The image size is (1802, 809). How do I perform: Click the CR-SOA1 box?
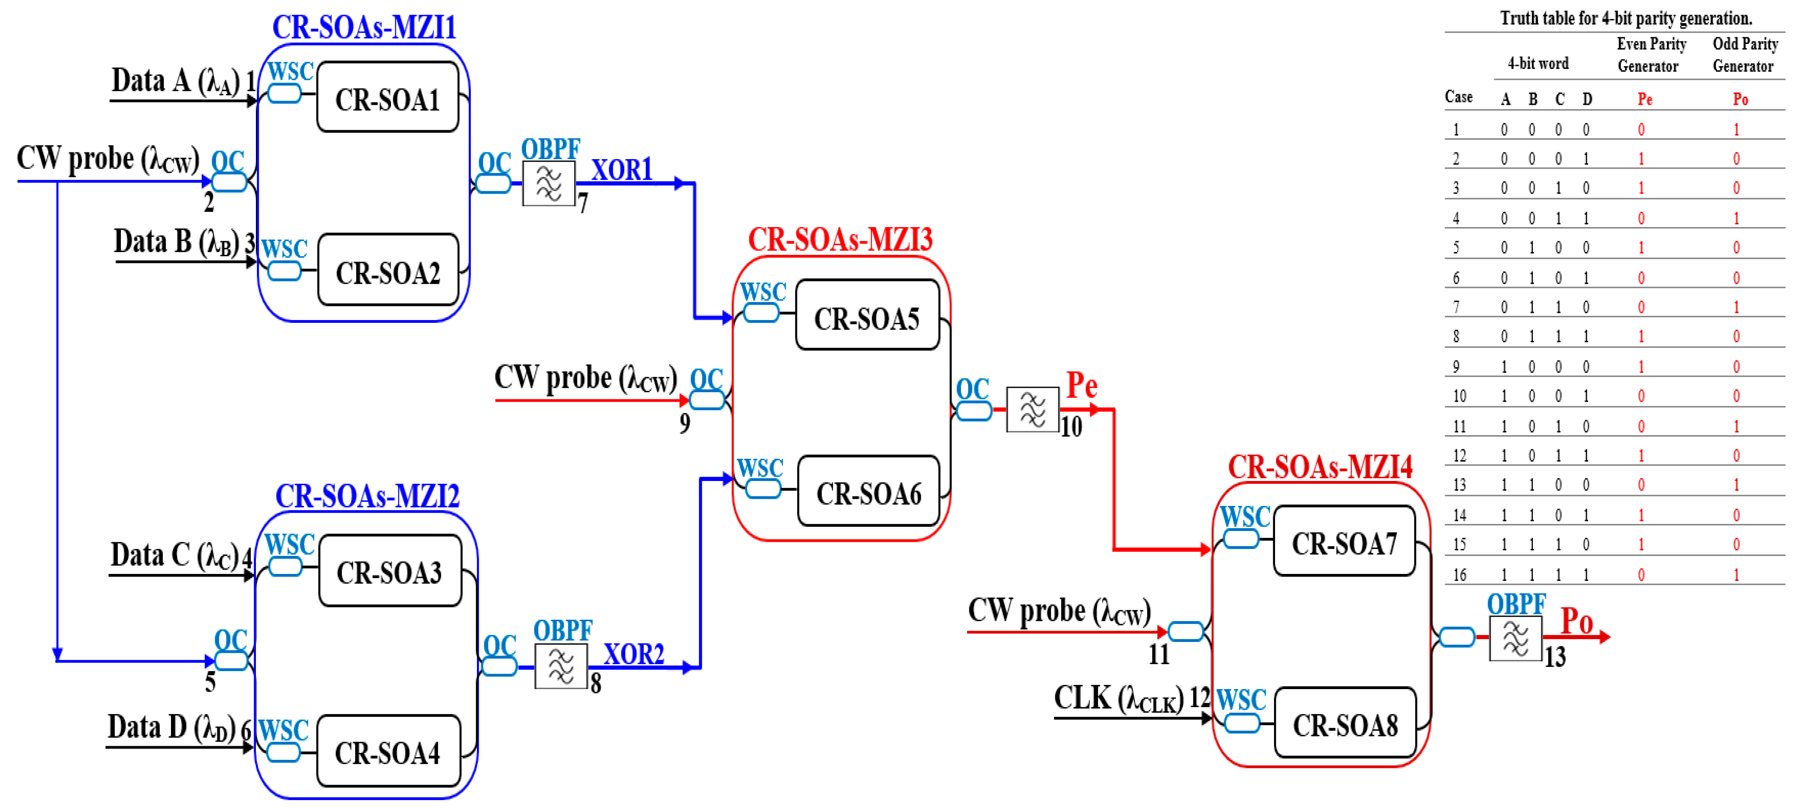pos(388,98)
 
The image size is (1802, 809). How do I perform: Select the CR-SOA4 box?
pos(388,752)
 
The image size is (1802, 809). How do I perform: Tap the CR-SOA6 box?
pos(868,492)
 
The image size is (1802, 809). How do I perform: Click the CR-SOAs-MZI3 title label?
pos(840,239)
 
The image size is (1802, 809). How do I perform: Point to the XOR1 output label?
pos(621,169)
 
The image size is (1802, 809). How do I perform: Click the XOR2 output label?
pos(633,654)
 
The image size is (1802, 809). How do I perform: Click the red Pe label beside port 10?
pos(1081,385)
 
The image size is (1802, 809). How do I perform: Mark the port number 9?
pos(684,423)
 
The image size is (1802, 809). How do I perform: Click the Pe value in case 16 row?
pos(1641,575)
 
